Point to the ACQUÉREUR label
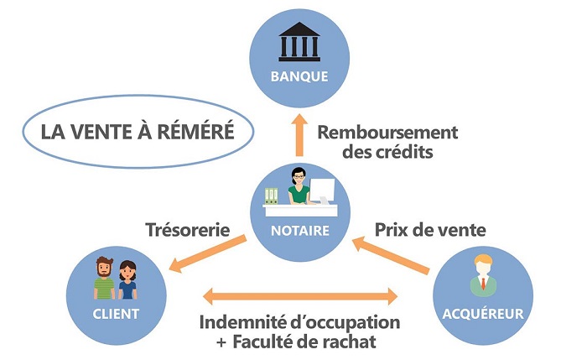[x=482, y=315]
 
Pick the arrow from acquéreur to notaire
[x=392, y=255]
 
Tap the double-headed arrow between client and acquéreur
[x=299, y=295]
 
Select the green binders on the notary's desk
[x=269, y=196]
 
